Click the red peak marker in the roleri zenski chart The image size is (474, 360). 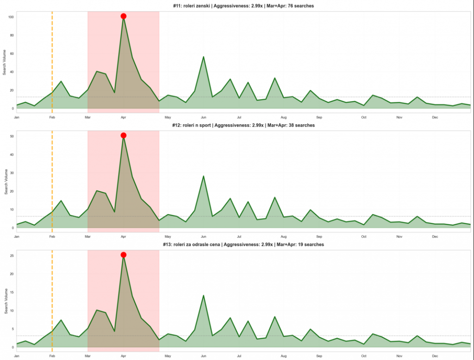tap(124, 16)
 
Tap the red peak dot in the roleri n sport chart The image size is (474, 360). tap(124, 135)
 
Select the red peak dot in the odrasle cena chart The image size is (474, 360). tap(124, 255)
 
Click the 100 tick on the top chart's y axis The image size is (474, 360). tap(10, 17)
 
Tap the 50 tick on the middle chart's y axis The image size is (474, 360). tap(11, 136)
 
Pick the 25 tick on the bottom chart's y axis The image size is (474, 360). tap(11, 256)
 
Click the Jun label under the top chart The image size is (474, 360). tap(203, 117)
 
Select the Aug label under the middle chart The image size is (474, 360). tap(284, 236)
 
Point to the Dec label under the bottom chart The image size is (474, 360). tap(435, 356)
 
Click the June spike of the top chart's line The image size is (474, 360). tap(203, 57)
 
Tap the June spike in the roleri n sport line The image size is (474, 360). tap(203, 176)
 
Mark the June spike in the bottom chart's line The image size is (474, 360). tap(203, 296)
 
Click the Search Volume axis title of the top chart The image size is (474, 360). tap(5, 62)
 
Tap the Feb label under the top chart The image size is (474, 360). tap(52, 117)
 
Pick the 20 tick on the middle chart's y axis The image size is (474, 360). tap(11, 191)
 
